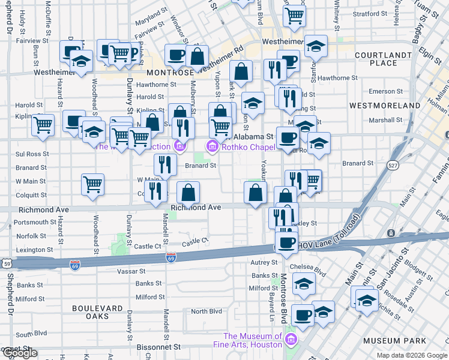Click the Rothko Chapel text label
click(240, 146)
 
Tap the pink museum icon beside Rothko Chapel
click(211, 146)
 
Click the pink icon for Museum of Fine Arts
click(291, 341)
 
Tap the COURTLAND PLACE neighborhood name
click(384, 59)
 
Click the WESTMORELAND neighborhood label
click(385, 106)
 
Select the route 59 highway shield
click(7, 263)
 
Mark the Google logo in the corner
click(19, 353)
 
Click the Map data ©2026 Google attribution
click(412, 356)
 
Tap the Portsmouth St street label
click(31, 223)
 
